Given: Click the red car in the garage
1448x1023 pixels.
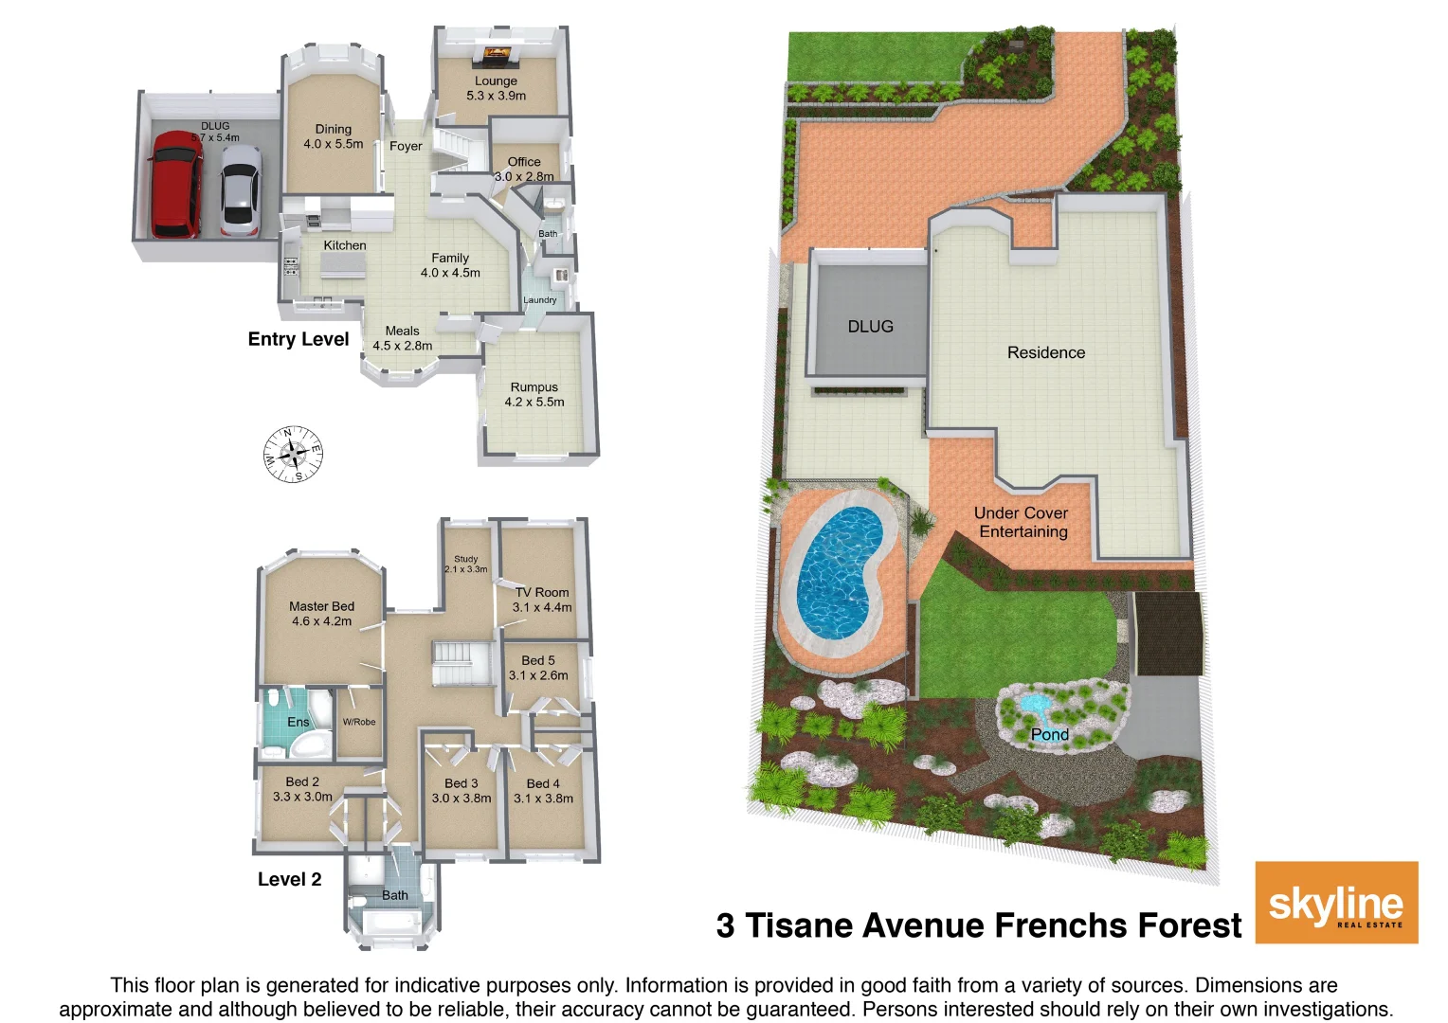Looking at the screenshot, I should pyautogui.click(x=175, y=185).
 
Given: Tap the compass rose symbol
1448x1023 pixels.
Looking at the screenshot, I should pyautogui.click(x=293, y=455).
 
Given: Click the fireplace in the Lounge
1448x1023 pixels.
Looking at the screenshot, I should pyautogui.click(x=496, y=56).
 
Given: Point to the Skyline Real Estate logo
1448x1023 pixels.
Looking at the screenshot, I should pyautogui.click(x=1336, y=903).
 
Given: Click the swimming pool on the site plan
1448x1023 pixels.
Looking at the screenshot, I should pyautogui.click(x=838, y=571).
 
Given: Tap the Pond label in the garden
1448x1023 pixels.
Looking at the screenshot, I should pyautogui.click(x=1049, y=735).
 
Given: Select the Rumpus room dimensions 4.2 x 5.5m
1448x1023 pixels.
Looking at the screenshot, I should pyautogui.click(x=534, y=402).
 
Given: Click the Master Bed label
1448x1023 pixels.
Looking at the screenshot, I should pyautogui.click(x=321, y=606).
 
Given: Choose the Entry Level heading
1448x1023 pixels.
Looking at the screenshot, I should pyautogui.click(x=299, y=339).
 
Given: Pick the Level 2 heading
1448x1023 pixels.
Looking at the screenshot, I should pyautogui.click(x=289, y=879).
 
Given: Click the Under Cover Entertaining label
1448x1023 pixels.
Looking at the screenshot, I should pyautogui.click(x=1022, y=522).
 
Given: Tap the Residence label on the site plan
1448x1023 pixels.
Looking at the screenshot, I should pyautogui.click(x=1046, y=352).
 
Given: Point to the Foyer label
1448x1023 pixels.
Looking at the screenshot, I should pyautogui.click(x=406, y=146).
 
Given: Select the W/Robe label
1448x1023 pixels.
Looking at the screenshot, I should pyautogui.click(x=359, y=722).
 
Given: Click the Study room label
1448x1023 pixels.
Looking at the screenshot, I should pyautogui.click(x=465, y=559).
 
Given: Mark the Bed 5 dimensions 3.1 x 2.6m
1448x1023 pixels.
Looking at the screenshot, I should pyautogui.click(x=538, y=675).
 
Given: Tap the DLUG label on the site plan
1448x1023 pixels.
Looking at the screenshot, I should pyautogui.click(x=870, y=327).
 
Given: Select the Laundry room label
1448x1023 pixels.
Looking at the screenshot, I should pyautogui.click(x=540, y=300).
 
